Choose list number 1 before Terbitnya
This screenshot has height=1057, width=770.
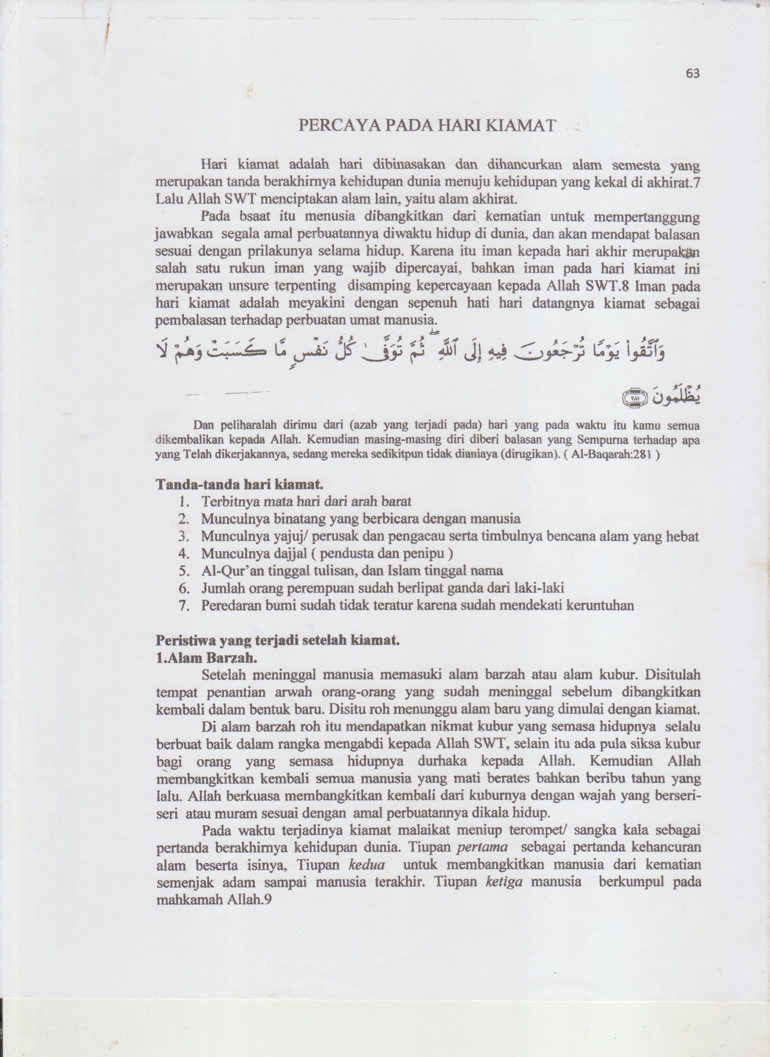click(184, 502)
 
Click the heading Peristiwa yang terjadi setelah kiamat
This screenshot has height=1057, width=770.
click(278, 641)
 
